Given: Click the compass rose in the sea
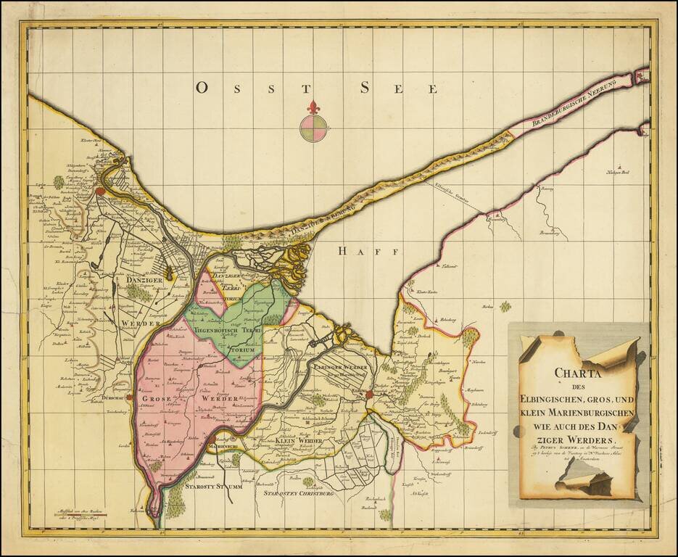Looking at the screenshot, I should coord(313,128).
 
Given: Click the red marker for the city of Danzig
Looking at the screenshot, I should coord(99,191).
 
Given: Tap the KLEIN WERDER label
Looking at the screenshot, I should coord(299,440).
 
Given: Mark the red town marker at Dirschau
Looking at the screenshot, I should coord(129,397).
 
